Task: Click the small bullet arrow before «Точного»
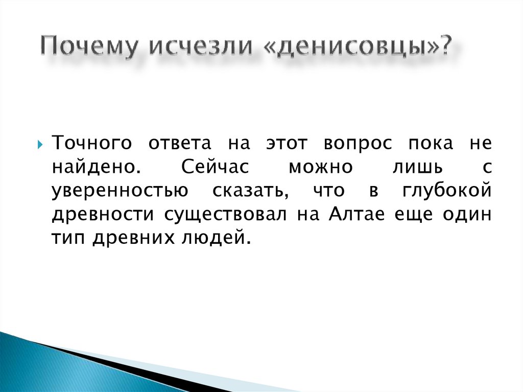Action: pos(40,145)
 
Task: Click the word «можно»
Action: pos(320,167)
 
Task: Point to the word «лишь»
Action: pos(417,167)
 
